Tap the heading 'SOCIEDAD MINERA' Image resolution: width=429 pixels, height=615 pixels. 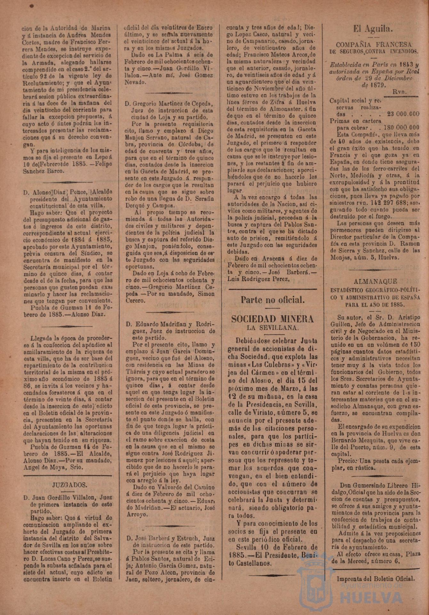(x=272, y=319)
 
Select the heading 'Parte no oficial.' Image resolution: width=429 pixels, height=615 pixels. (x=272, y=300)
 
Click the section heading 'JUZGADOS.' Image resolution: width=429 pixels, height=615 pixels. (x=68, y=485)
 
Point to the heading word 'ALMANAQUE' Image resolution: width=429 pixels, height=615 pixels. (x=375, y=282)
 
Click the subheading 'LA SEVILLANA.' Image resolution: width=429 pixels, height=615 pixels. (x=272, y=328)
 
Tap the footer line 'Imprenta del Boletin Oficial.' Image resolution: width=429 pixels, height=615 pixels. (x=375, y=579)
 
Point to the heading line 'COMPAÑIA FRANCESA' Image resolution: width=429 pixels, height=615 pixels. (x=374, y=45)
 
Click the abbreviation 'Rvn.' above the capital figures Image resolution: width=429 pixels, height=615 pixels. (x=400, y=92)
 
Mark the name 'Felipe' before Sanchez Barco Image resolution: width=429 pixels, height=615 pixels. (x=103, y=164)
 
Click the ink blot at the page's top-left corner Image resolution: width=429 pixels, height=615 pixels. (x=31, y=6)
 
